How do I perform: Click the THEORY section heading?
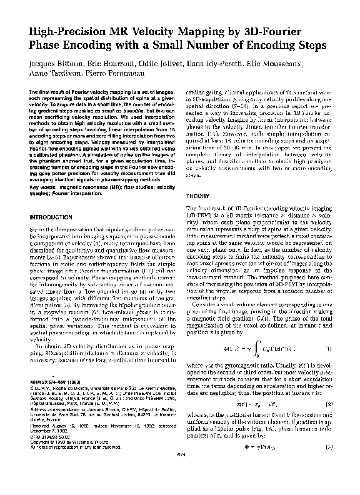point(199,195)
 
